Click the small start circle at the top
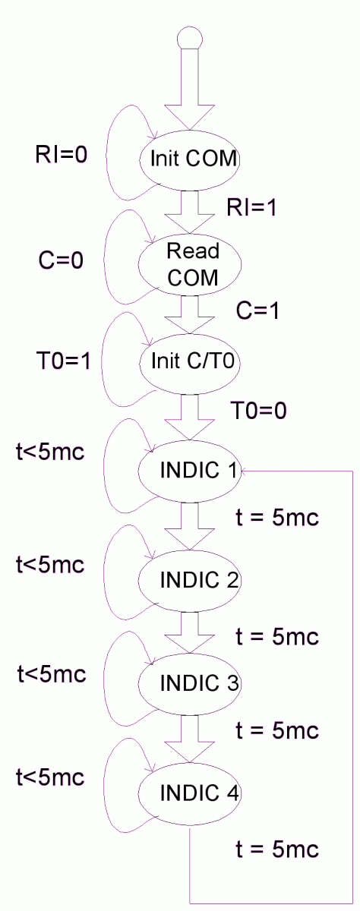click(190, 39)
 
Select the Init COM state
click(190, 160)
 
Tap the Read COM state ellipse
click(190, 264)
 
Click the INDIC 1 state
click(190, 471)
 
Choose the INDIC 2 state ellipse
click(190, 581)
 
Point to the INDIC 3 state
click(190, 684)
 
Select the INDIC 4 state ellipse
click(190, 794)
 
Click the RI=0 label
click(62, 155)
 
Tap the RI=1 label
click(252, 207)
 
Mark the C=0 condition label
click(61, 260)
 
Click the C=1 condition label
click(258, 311)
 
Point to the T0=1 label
click(64, 361)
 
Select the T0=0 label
click(259, 410)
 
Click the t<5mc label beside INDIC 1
click(50, 452)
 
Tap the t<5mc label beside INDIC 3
click(52, 673)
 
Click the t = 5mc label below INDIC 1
click(277, 517)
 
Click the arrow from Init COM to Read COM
click(190, 212)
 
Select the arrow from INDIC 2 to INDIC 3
click(190, 633)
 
